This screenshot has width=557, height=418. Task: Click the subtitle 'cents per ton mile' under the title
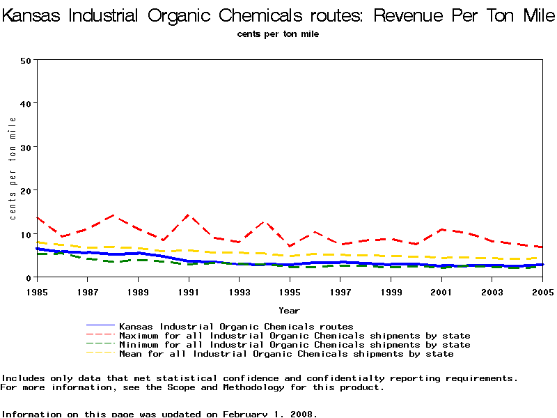pyautogui.click(x=278, y=33)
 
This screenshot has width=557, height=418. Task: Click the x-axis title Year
pyautogui.click(x=289, y=310)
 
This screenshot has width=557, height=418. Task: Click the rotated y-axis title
pyautogui.click(x=13, y=169)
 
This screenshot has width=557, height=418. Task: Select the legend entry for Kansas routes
pyautogui.click(x=236, y=326)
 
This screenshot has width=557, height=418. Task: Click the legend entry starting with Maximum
pyautogui.click(x=295, y=336)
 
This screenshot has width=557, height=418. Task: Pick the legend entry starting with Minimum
pyautogui.click(x=295, y=345)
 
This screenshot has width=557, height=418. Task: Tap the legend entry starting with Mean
pyautogui.click(x=286, y=354)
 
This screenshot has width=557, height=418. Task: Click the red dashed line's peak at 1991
pyautogui.click(x=188, y=215)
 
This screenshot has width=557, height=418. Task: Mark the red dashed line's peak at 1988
pyautogui.click(x=112, y=215)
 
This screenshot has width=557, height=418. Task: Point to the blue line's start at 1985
pyautogui.click(x=36, y=248)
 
